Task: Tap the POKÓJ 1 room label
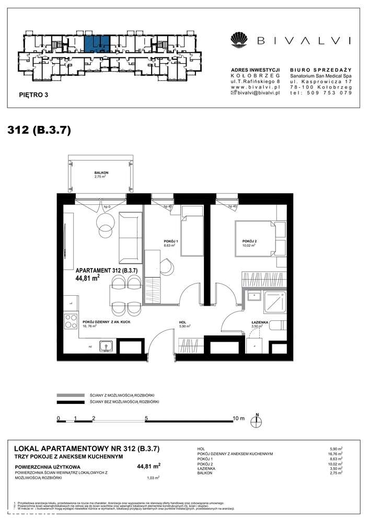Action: tap(171, 241)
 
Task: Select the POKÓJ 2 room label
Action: tap(249, 241)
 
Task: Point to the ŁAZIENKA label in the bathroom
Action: tap(260, 323)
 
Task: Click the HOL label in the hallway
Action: tap(183, 323)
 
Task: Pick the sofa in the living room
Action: tap(131, 238)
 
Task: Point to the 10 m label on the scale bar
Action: tap(238, 418)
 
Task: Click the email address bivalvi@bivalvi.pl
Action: tap(256, 92)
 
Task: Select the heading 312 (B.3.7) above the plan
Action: tap(39, 130)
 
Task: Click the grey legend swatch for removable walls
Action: tap(71, 396)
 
